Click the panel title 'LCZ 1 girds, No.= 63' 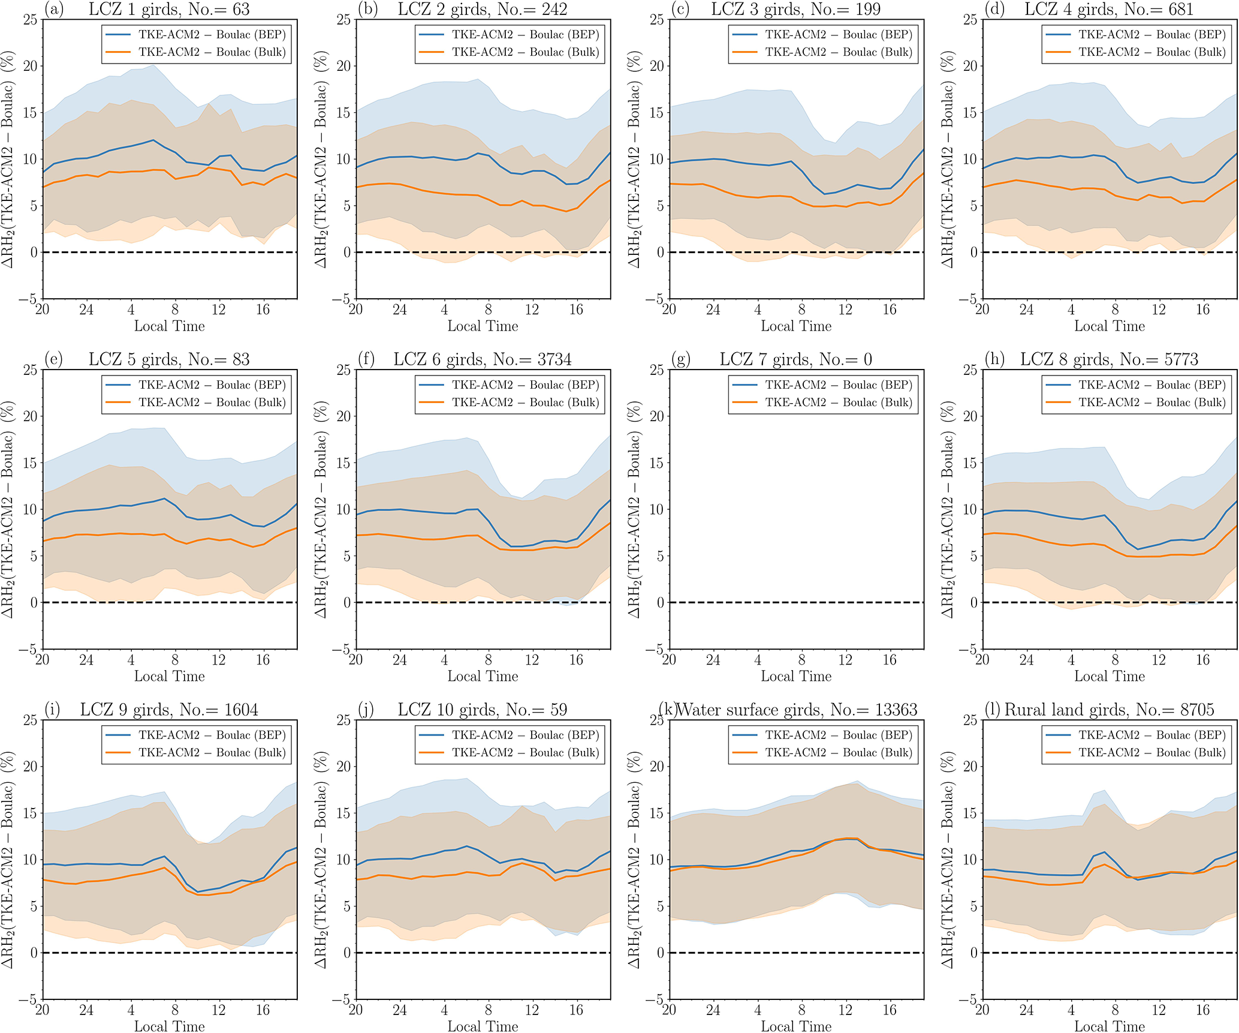tap(169, 9)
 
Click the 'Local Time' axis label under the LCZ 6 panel tap(483, 676)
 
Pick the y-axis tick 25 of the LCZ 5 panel tap(29, 370)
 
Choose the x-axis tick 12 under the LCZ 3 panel tap(845, 310)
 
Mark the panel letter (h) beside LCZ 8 tap(996, 359)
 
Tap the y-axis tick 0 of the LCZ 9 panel tap(34, 953)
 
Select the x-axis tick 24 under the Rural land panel tap(1026, 1010)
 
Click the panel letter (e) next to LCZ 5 tap(54, 359)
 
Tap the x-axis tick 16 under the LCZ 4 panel tap(1202, 310)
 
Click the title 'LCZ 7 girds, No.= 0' tap(795, 359)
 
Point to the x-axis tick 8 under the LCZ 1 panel tap(175, 310)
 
